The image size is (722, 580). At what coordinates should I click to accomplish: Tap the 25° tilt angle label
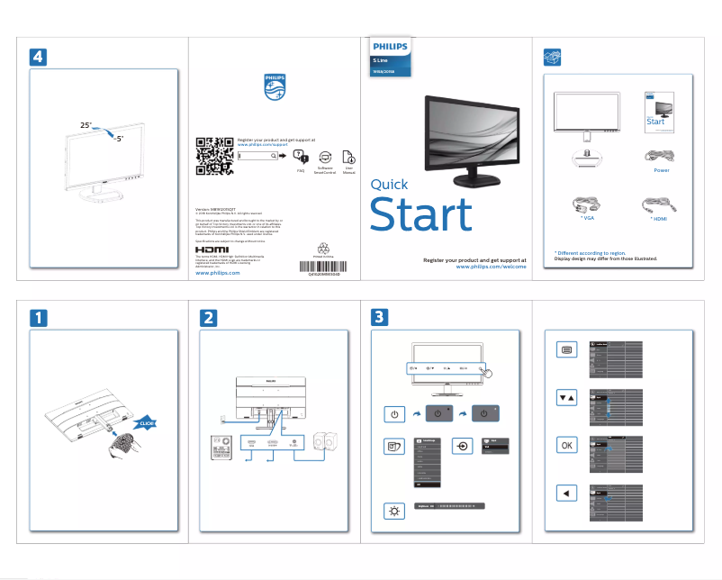86,123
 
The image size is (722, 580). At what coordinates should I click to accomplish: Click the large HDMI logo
212,247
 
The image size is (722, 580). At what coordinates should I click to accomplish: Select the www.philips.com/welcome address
491,267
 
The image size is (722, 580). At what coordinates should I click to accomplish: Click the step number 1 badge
39,317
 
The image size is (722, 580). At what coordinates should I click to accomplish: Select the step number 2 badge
208,317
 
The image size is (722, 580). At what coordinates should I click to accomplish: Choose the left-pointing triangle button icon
565,493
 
